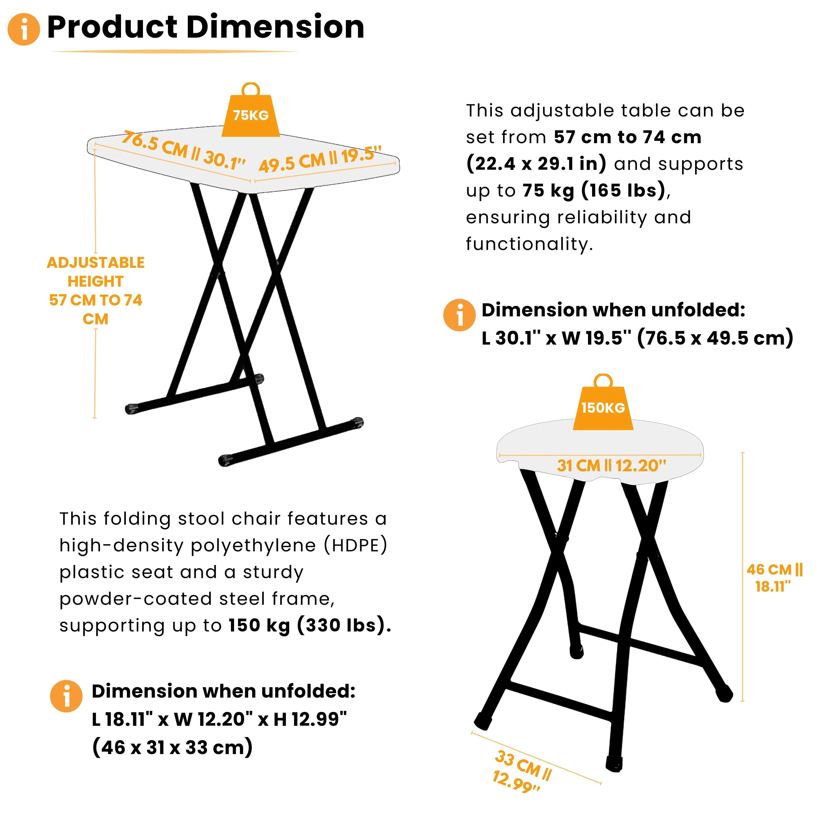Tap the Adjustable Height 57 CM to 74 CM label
tap(96, 290)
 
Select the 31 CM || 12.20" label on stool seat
tap(611, 465)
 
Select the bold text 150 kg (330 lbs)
tap(310, 626)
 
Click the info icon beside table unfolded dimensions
tap(459, 315)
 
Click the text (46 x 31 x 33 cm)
tap(173, 747)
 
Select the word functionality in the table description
tap(529, 244)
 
